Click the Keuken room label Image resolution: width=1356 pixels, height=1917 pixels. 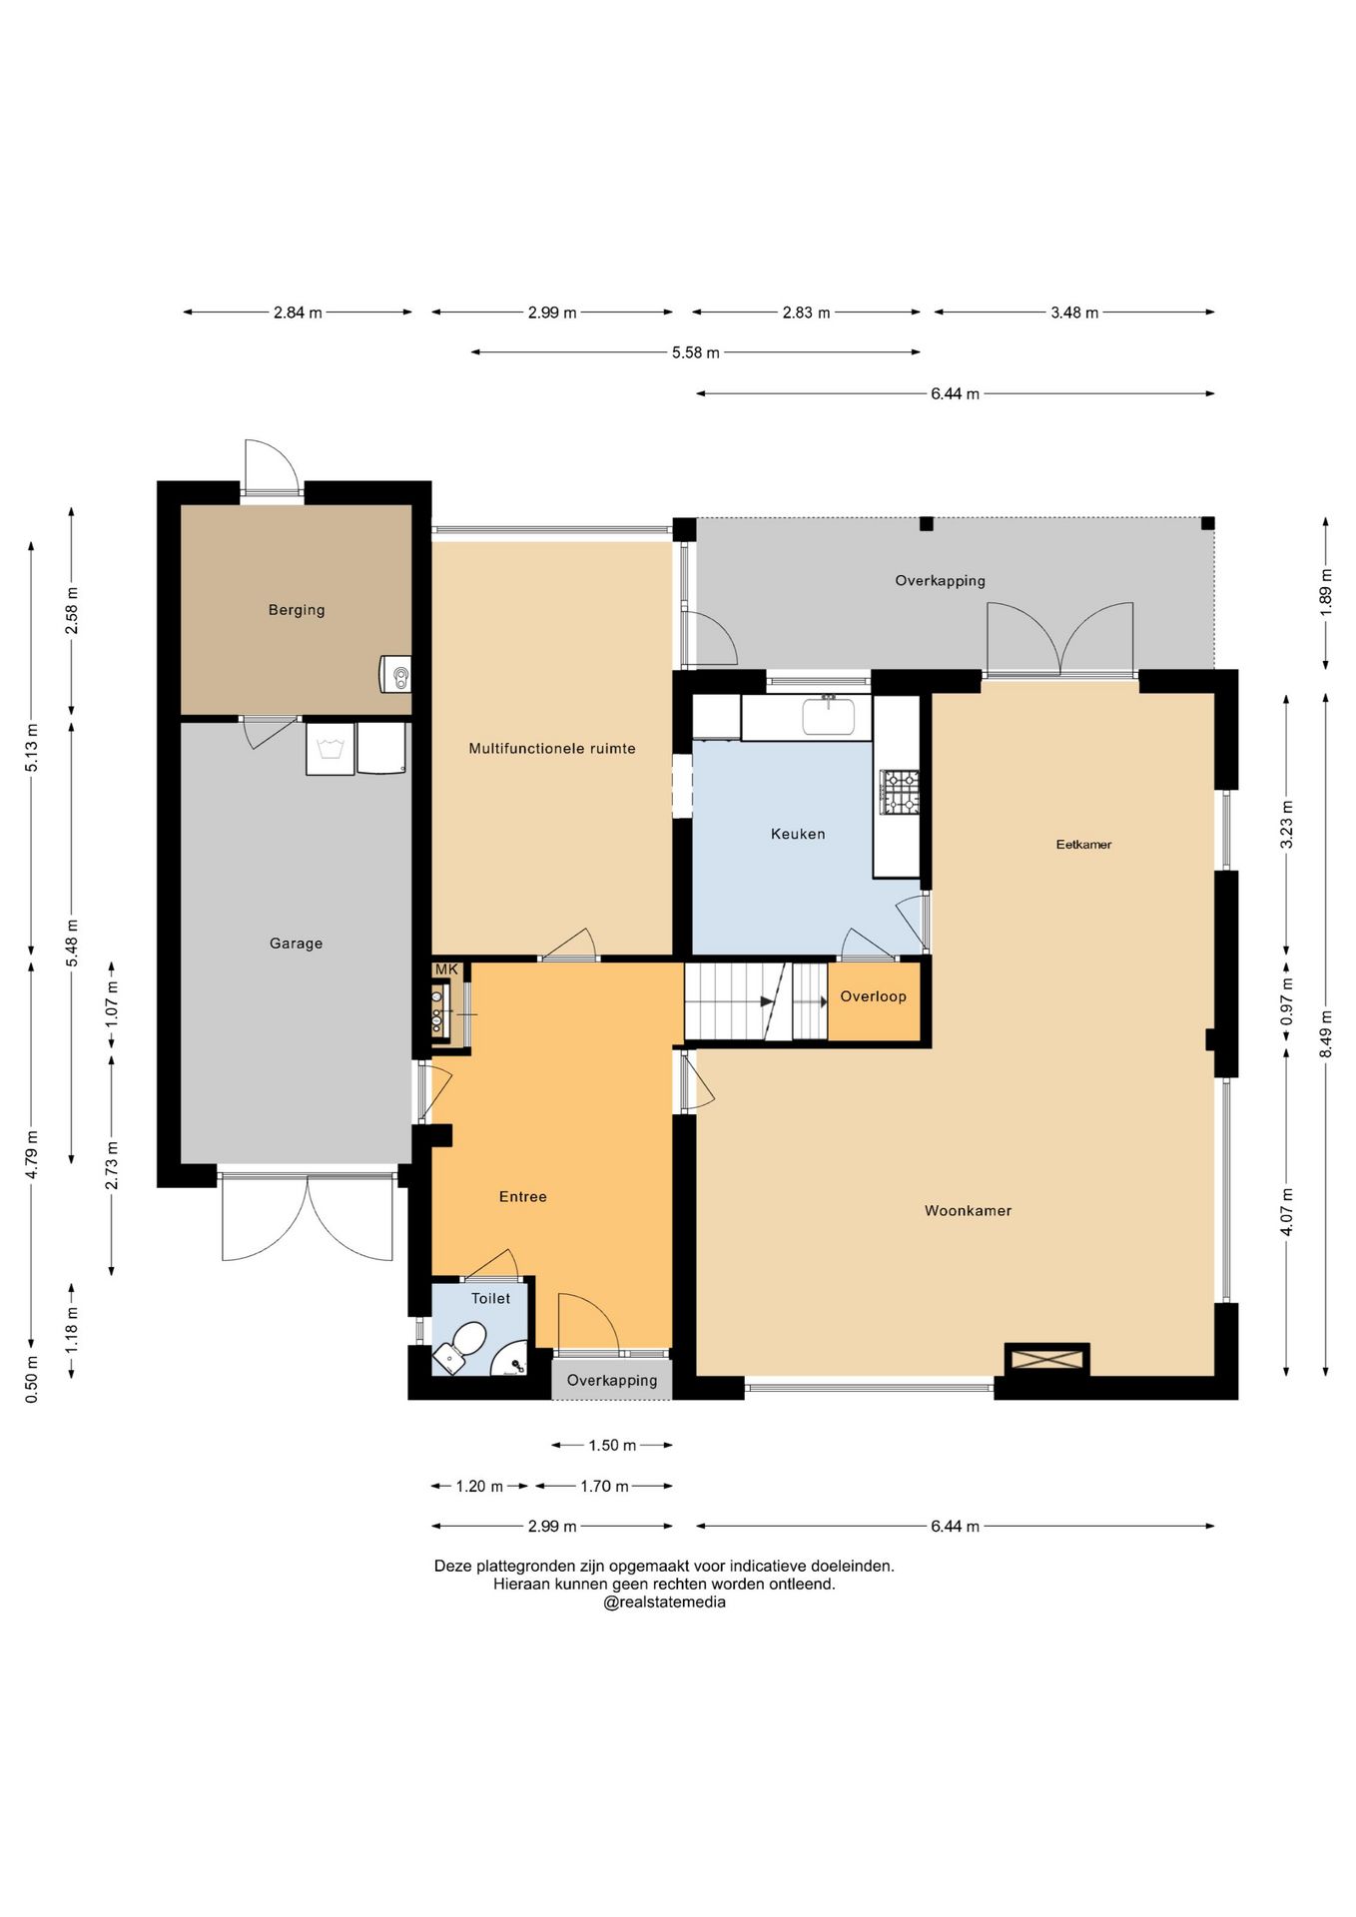click(x=798, y=834)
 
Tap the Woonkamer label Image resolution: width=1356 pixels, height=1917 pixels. click(x=968, y=1210)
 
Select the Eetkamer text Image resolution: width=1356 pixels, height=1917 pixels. click(x=1083, y=844)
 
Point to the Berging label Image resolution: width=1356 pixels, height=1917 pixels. click(x=297, y=610)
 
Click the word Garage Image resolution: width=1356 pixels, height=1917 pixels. click(x=297, y=943)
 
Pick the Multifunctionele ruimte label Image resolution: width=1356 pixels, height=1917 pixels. click(x=552, y=748)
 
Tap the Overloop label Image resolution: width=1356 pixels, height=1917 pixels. click(x=873, y=996)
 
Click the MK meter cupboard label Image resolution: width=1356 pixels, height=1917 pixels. click(x=446, y=969)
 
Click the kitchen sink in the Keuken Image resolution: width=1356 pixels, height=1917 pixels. click(x=828, y=716)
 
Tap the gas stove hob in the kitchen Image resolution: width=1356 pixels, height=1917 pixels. click(x=899, y=792)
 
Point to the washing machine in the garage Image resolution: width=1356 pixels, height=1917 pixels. click(x=331, y=749)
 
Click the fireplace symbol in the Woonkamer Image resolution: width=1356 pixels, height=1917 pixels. click(x=1046, y=1359)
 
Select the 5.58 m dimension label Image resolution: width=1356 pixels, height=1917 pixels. click(x=696, y=352)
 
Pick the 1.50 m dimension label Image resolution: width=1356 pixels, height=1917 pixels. click(x=612, y=1445)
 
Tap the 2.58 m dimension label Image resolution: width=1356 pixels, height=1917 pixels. click(x=72, y=611)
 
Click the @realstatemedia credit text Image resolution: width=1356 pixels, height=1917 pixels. click(x=664, y=1602)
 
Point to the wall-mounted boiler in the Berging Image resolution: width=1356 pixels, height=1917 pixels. click(x=395, y=674)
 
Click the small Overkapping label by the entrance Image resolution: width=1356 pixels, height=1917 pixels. click(x=612, y=1380)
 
